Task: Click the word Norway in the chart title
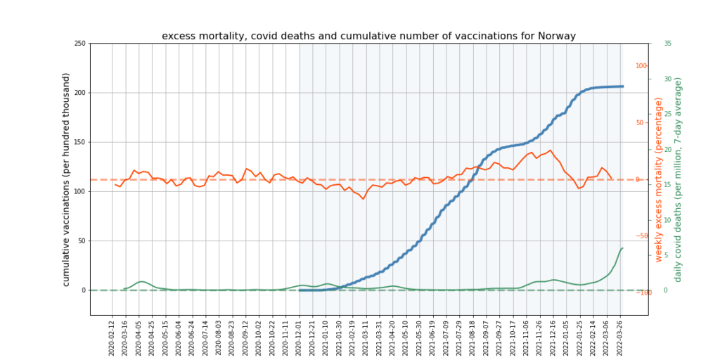pos(558,36)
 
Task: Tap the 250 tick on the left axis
pos(79,44)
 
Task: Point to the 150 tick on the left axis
pos(79,142)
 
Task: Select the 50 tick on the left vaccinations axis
pos(82,240)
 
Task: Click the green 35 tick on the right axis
pos(667,44)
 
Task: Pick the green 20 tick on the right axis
pos(667,149)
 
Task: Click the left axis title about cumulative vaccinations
pos(66,179)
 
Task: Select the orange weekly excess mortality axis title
pos(659,179)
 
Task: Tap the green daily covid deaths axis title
pos(679,179)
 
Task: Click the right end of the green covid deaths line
pos(622,248)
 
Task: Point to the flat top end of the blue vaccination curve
pos(622,86)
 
